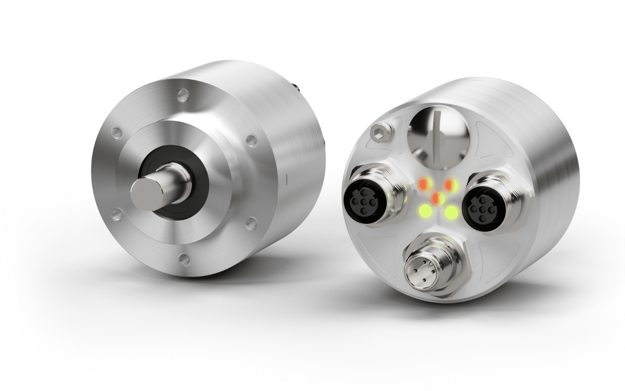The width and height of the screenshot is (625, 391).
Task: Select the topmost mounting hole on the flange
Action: coord(182,94)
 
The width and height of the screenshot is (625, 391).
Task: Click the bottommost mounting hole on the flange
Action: coord(184,260)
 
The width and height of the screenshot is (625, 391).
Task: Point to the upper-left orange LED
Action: coord(424,184)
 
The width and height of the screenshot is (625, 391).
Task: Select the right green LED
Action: coord(452,213)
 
